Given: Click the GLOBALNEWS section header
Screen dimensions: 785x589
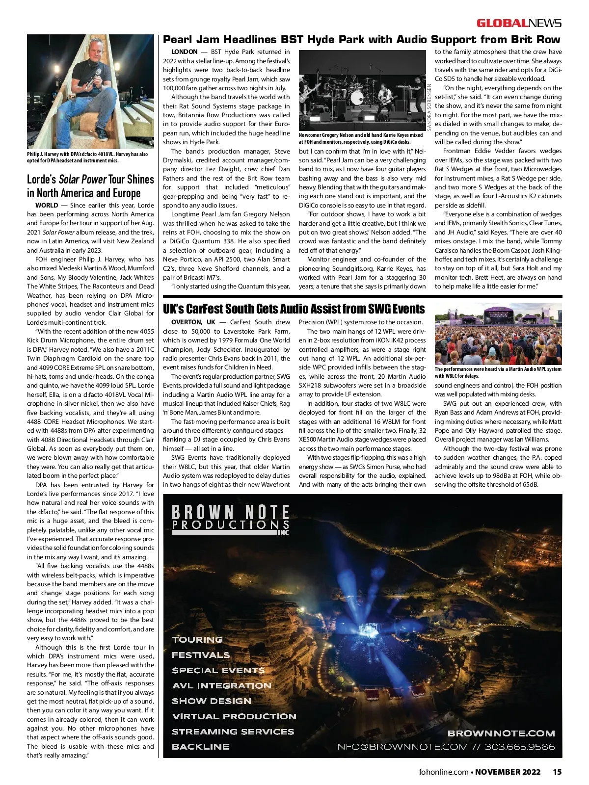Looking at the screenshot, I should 519,23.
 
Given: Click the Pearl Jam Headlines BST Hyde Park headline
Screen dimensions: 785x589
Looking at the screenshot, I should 361,40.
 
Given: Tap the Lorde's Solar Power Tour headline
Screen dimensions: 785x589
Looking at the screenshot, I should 90,186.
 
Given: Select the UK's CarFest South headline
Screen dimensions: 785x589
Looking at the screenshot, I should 294,309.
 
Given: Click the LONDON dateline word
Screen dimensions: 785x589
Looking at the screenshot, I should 184,52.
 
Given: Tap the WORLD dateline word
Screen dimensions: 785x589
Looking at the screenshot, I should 47,205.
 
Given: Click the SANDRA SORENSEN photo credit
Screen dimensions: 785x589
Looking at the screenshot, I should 429,107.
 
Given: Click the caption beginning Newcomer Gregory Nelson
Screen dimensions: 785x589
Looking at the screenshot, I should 361,138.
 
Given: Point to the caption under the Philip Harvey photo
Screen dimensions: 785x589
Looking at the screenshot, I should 87,157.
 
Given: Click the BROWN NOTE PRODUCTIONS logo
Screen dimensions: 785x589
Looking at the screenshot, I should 231,519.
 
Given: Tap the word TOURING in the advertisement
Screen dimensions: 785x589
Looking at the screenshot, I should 197,639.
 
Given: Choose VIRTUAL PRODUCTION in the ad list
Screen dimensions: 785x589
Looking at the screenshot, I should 234,716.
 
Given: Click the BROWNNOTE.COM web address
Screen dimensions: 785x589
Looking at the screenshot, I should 501,733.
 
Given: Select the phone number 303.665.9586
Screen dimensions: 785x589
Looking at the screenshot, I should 520,747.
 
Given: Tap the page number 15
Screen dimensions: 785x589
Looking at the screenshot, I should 557,772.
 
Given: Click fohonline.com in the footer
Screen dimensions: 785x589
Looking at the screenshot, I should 444,772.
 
